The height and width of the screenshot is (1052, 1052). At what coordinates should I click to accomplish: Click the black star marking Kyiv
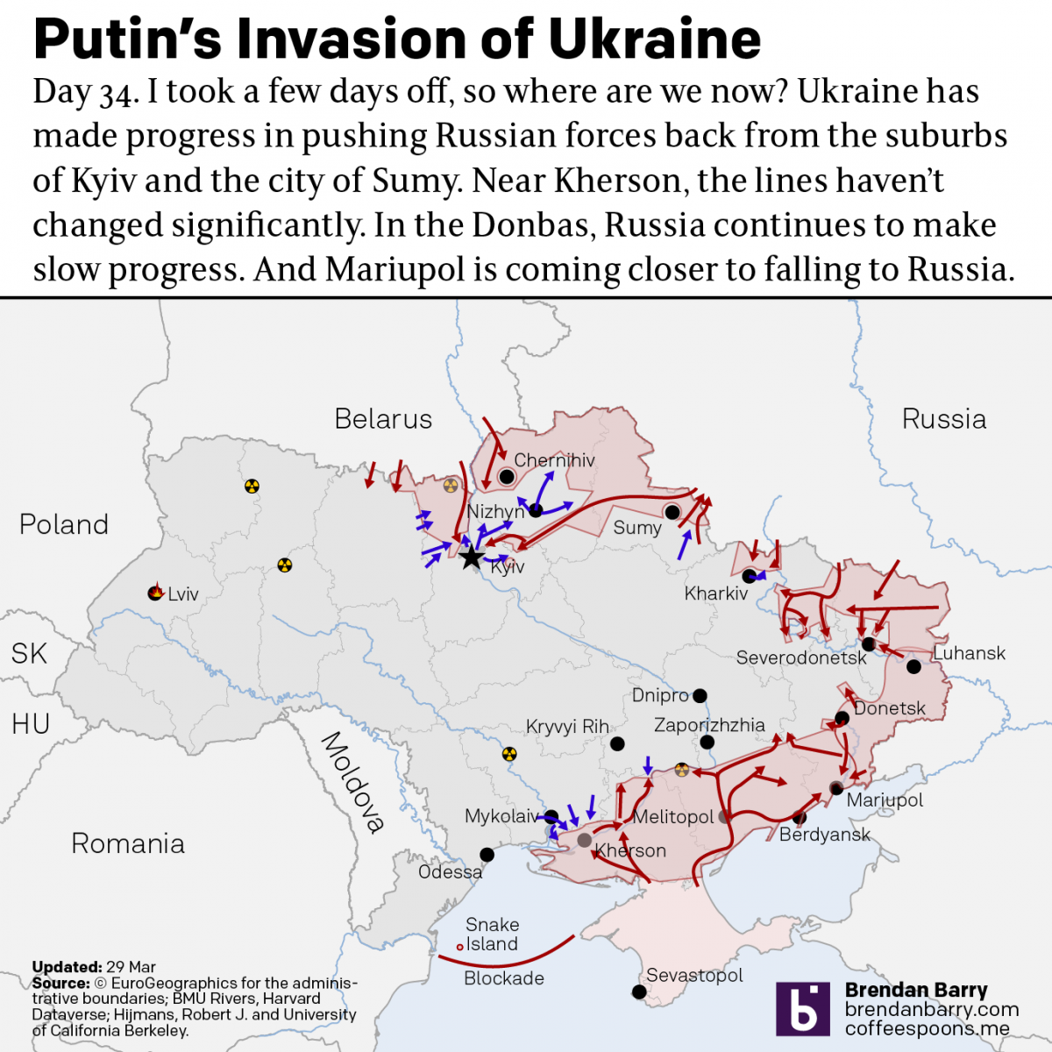471,557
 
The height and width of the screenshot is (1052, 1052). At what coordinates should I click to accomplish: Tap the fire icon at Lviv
156,593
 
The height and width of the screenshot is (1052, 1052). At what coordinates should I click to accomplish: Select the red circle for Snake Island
459,947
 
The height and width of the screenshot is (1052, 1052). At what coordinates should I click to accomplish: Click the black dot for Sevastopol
639,992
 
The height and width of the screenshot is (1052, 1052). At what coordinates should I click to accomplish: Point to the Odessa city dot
487,855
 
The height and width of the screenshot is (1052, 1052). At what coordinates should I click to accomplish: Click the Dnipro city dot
700,696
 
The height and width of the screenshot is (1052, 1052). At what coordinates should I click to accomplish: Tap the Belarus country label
383,419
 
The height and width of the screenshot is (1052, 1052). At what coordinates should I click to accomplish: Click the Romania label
128,843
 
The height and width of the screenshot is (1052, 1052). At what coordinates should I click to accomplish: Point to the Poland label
64,524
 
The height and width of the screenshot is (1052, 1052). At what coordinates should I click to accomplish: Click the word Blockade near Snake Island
503,978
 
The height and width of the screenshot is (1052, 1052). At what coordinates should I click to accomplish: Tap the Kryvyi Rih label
567,727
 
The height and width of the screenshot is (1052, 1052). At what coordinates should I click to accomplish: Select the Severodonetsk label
800,657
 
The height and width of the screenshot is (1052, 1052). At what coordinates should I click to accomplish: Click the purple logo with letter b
802,1008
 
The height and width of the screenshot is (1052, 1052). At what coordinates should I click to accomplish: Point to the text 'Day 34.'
85,92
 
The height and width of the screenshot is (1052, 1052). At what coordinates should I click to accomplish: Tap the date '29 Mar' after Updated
131,967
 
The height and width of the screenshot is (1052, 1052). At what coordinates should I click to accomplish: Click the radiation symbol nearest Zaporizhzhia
682,770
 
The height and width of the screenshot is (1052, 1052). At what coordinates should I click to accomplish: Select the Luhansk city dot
913,667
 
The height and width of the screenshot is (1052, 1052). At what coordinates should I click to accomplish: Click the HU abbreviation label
31,724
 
